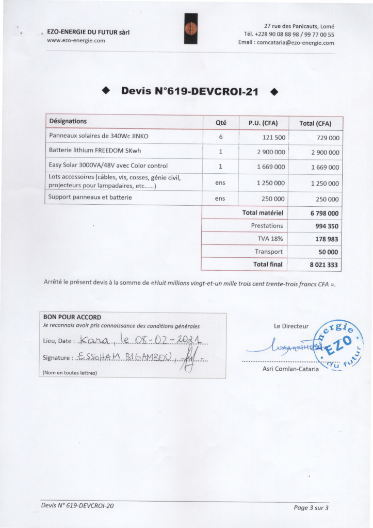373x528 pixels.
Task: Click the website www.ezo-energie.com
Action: click(76, 40)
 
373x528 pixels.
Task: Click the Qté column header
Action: click(220, 123)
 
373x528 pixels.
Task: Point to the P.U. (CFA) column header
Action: click(263, 123)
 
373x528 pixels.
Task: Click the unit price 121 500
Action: click(270, 137)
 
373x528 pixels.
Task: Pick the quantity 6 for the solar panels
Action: click(220, 137)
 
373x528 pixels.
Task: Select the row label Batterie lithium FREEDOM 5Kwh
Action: click(94, 151)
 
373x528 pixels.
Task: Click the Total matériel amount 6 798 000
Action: click(325, 213)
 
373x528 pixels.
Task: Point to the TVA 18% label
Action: click(270, 239)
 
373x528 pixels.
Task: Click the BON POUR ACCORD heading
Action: click(72, 317)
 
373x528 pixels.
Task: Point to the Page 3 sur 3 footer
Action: click(311, 508)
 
